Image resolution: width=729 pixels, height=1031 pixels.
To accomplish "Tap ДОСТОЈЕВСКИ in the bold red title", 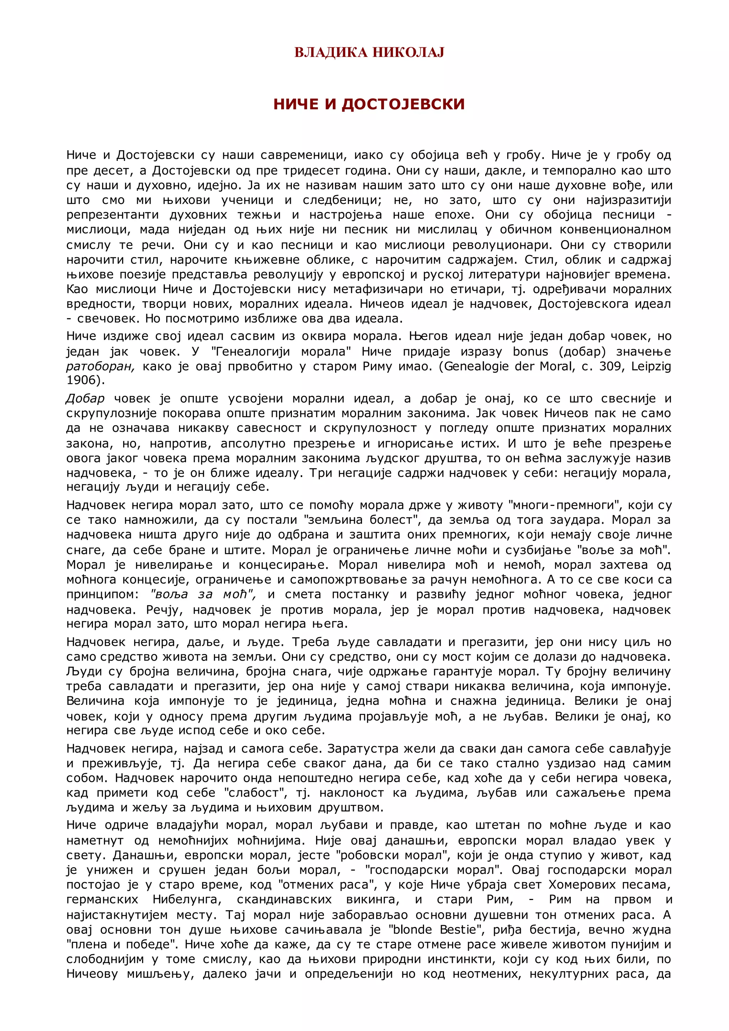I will pyautogui.click(x=403, y=104).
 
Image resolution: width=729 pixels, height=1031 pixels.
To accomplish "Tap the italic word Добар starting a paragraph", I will pyautogui.click(x=85, y=399).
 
